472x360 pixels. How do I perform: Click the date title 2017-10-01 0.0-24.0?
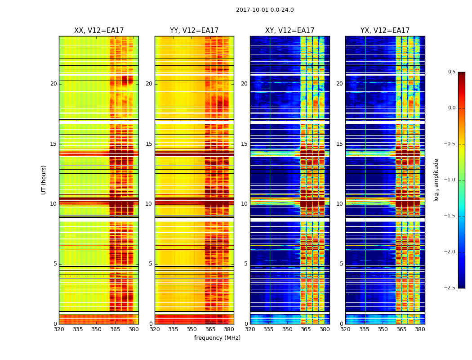coord(265,10)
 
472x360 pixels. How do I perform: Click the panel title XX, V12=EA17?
coord(99,31)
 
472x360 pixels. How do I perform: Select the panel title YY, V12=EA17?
coord(194,31)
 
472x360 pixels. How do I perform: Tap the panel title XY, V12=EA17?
coord(289,31)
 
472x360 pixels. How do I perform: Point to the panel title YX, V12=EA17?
coord(385,31)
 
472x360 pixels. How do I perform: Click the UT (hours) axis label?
coord(44,180)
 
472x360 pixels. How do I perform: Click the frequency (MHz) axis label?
coord(217,338)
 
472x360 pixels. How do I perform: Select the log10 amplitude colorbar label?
coord(436,180)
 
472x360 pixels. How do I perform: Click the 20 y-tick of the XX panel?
coord(53,84)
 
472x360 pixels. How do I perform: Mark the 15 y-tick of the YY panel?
coord(149,144)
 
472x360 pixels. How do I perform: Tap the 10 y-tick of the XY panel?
coord(244,204)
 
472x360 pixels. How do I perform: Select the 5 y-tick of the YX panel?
coord(341,264)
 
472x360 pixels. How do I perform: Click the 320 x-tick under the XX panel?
coord(59,329)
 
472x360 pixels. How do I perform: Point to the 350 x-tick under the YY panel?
coord(191,329)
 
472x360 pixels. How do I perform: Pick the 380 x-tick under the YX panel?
coord(420,329)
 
